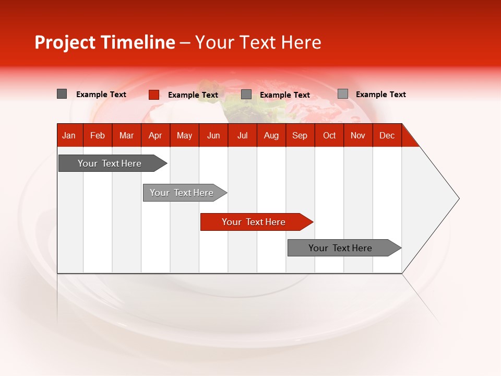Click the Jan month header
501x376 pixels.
coord(69,135)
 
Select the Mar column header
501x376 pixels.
coord(126,135)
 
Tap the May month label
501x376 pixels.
coord(184,135)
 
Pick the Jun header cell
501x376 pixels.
coord(213,135)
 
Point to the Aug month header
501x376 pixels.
coord(271,135)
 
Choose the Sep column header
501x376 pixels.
coord(300,135)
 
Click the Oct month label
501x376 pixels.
coord(329,135)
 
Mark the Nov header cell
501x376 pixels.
coord(358,135)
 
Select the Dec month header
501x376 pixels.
coord(387,135)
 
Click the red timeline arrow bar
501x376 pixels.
coord(256,222)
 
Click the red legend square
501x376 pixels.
coord(154,95)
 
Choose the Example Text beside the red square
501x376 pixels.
coord(193,95)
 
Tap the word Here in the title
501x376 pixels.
coord(302,42)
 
